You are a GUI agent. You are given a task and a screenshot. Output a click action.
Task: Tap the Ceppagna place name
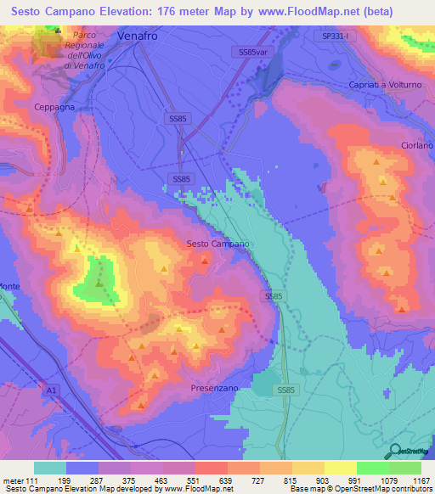tap(56, 107)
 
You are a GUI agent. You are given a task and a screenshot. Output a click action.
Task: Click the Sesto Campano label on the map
tap(217, 244)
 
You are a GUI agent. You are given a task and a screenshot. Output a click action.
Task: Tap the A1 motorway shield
tap(53, 390)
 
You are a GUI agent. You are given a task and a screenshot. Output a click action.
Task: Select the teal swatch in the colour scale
tap(50, 467)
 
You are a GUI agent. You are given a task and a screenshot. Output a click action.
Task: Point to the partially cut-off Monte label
tap(10, 286)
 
